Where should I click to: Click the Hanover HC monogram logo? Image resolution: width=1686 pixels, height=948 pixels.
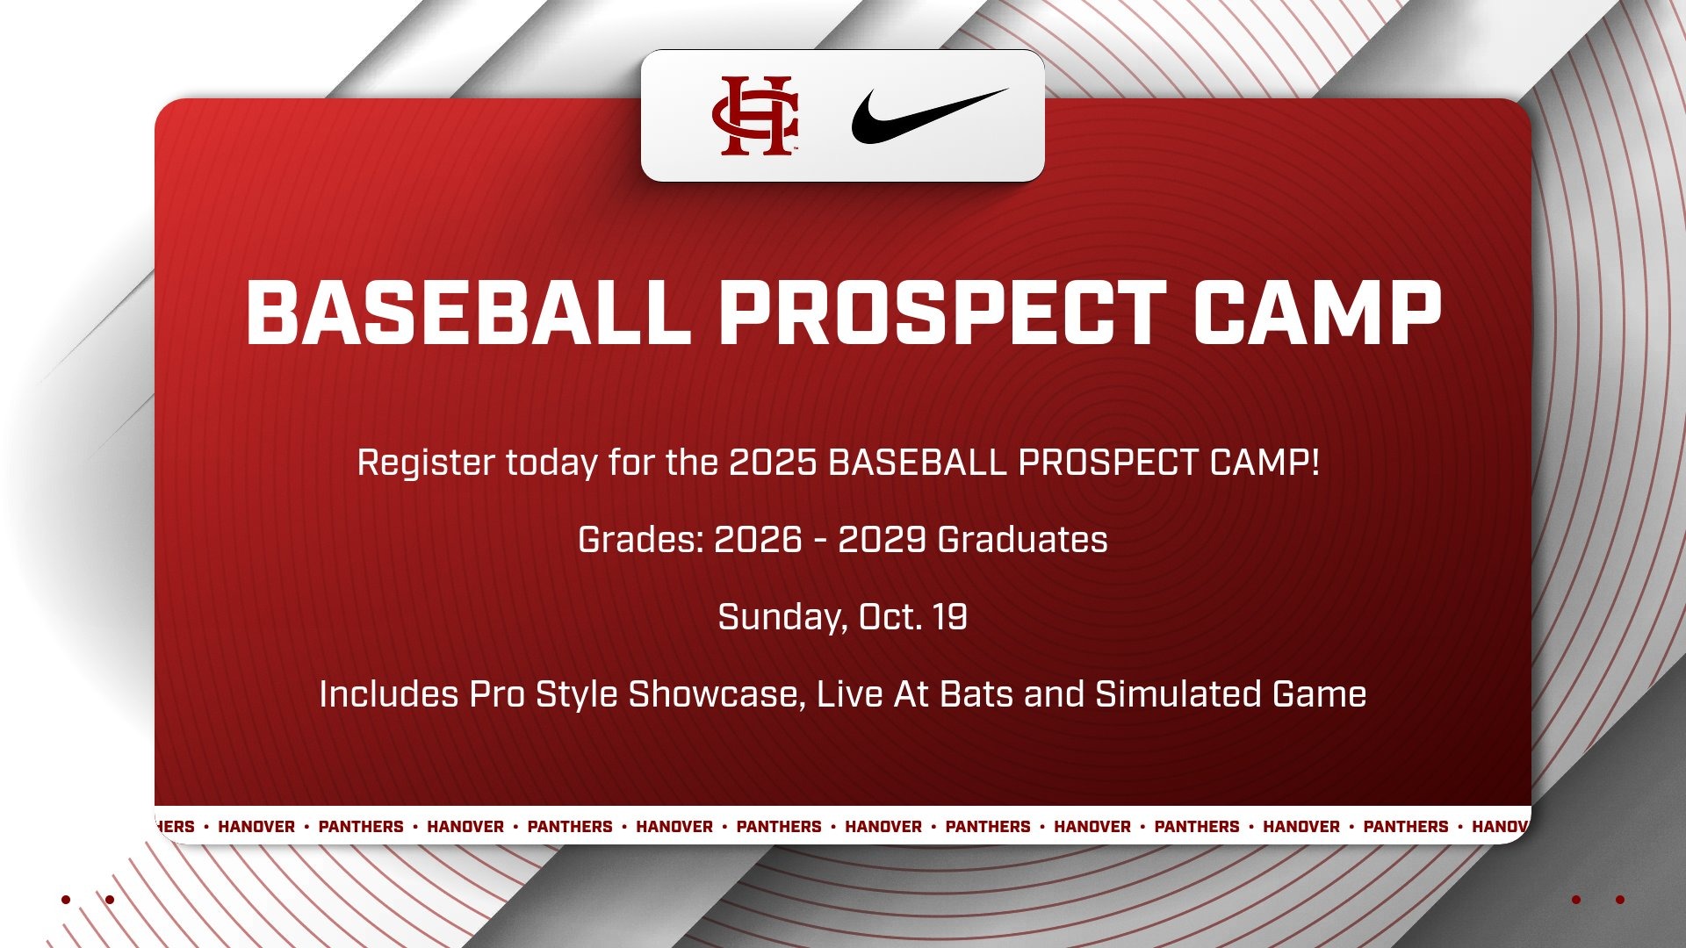[x=754, y=116]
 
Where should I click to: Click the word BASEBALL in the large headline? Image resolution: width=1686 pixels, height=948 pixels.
[x=467, y=313]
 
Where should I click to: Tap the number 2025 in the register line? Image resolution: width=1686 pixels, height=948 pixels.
[x=773, y=463]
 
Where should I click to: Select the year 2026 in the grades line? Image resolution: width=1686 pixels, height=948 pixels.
[x=758, y=540]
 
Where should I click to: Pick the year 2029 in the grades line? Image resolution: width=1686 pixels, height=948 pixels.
[x=882, y=540]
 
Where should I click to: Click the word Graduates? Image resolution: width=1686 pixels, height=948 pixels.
[x=1023, y=540]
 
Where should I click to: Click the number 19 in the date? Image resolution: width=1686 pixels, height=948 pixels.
[x=950, y=617]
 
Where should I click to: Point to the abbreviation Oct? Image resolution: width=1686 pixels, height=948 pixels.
[x=890, y=617]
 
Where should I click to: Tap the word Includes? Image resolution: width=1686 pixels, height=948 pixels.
[x=388, y=694]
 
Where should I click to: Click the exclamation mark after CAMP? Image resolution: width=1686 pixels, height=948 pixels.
[x=1314, y=463]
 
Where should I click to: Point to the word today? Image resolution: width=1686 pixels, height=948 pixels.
[x=551, y=463]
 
